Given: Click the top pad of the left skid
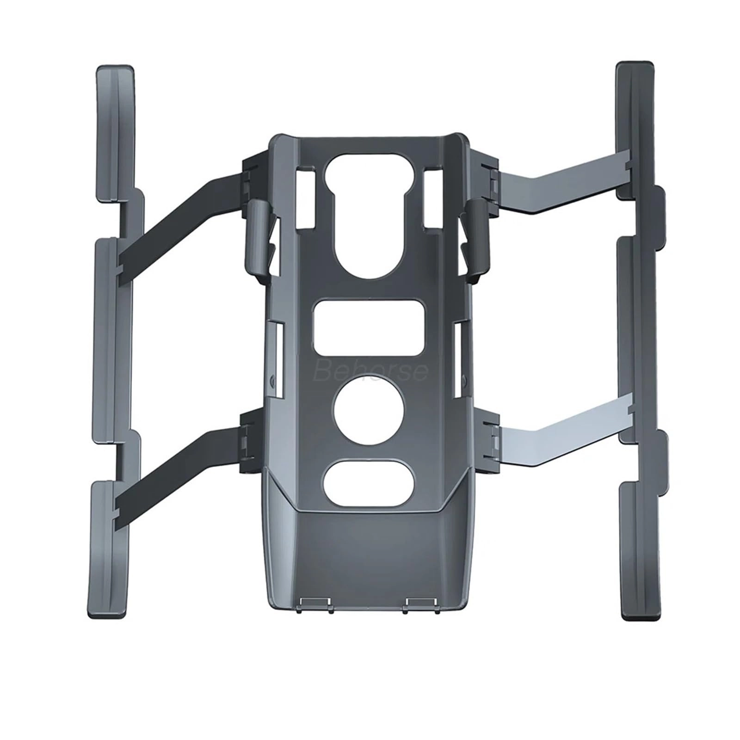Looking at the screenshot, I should point(115,134).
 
